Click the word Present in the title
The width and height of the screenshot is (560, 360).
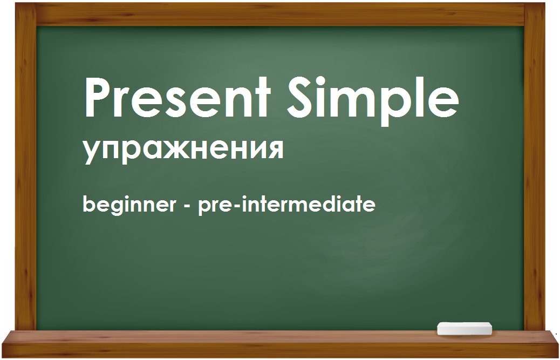tap(177, 97)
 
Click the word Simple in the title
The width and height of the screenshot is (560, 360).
tap(373, 101)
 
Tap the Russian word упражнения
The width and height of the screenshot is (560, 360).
tap(183, 150)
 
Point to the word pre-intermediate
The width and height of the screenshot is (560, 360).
tap(286, 204)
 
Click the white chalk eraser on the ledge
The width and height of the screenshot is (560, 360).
tap(465, 329)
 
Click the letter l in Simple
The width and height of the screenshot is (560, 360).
tap(417, 97)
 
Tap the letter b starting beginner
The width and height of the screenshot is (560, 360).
tap(90, 203)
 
